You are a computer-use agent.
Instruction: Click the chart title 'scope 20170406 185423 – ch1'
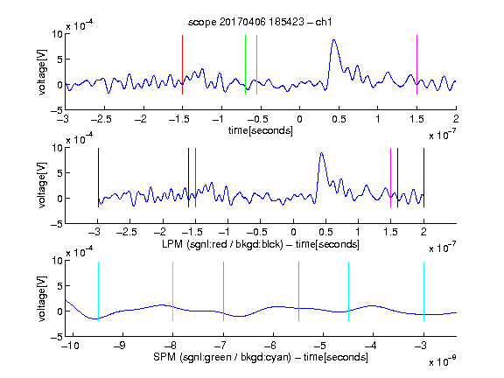pos(260,22)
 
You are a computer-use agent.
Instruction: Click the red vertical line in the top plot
pos(182,65)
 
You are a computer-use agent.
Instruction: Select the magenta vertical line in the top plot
pos(416,65)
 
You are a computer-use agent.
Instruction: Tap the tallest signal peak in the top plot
pos(334,40)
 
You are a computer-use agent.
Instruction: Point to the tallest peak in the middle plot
pos(321,153)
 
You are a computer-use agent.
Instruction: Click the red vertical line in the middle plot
pos(195,178)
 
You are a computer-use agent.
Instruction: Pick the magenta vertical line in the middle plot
pos(390,178)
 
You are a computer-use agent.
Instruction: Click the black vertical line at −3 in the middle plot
pos(98,178)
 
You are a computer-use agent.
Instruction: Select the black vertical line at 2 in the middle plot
pos(423,178)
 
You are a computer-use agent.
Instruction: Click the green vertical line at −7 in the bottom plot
pos(223,291)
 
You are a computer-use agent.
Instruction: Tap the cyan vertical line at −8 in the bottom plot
pos(172,291)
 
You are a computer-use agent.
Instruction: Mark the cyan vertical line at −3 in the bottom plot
pos(423,291)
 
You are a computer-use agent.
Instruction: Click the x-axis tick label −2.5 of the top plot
pos(101,119)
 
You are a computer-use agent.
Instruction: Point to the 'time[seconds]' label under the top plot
pos(261,130)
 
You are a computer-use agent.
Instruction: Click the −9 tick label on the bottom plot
pos(119,346)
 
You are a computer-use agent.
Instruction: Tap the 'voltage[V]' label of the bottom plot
pos(42,299)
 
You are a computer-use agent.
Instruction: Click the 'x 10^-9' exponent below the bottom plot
pos(442,361)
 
